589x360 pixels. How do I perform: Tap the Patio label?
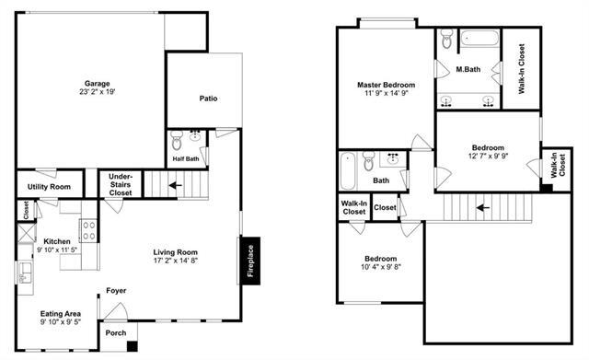[208, 99]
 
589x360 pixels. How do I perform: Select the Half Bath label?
[186, 158]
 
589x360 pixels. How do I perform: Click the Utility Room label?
[49, 187]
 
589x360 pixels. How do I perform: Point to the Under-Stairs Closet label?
[121, 184]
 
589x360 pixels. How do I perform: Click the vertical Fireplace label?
[249, 261]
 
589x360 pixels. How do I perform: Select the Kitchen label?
[55, 241]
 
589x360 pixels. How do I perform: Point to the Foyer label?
[116, 291]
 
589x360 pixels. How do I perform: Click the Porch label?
[116, 332]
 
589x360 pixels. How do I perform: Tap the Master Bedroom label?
[384, 86]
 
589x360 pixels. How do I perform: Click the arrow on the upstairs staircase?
[482, 207]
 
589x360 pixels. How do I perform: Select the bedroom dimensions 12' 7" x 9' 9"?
[488, 157]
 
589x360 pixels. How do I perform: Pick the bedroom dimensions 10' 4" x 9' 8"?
[379, 268]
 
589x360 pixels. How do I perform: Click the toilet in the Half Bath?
[178, 141]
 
